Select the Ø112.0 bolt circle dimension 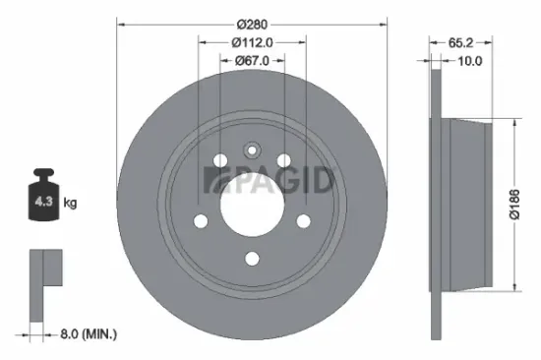(251, 41)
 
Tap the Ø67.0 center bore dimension (251, 60)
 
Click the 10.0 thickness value (470, 60)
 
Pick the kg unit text (71, 203)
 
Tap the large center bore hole (251, 206)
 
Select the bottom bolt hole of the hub (251, 259)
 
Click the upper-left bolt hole (218, 161)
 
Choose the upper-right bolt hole (283, 161)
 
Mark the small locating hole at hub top (251, 150)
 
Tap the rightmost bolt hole (302, 221)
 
